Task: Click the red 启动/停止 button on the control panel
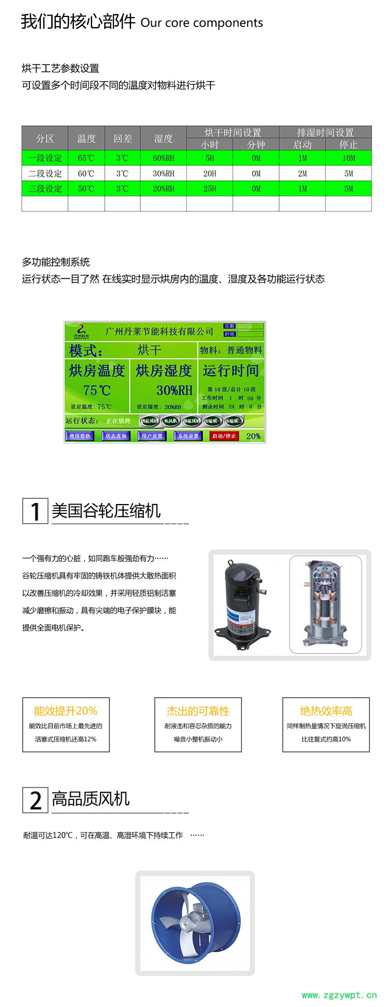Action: pos(224,436)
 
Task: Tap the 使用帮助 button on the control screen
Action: pos(80,436)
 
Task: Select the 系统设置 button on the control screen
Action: pos(188,436)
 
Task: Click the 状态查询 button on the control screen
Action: pos(116,436)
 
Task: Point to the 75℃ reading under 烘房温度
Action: pos(97,390)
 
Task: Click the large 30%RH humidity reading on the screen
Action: pos(174,390)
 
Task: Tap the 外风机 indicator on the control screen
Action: pos(170,421)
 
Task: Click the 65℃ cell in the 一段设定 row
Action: pos(86,158)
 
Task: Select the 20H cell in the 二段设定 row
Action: pos(209,174)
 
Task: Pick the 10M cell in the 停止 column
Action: pos(349,158)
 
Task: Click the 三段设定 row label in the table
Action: pos(45,188)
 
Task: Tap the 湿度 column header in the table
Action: pos(163,138)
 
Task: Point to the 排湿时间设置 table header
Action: pos(325,132)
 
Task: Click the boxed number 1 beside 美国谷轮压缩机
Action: pos(35,511)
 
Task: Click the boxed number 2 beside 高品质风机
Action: pos(35,800)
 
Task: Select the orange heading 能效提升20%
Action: pos(66,711)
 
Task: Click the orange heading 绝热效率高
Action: pos(326,711)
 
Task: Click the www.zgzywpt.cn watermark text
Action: pos(339,995)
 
